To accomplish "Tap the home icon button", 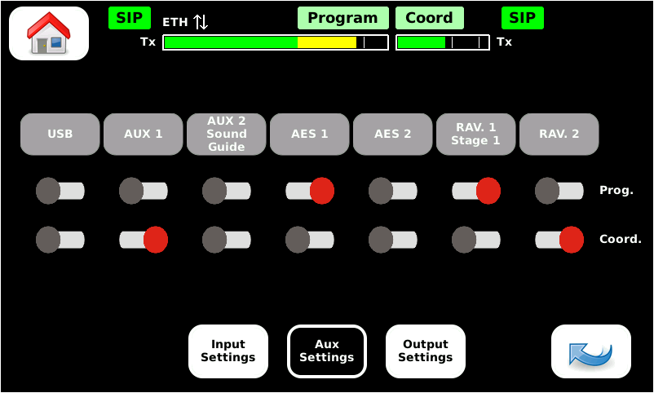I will [49, 33].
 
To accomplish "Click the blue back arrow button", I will [590, 351].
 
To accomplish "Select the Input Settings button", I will [228, 351].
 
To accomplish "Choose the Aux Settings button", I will [326, 351].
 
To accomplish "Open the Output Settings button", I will [425, 351].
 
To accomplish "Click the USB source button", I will [60, 134].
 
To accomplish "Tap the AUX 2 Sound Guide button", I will [226, 134].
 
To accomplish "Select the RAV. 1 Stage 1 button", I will [475, 134].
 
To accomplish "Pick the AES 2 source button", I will [392, 134].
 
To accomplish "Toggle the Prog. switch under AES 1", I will [309, 191].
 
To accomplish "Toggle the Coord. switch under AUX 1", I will [143, 240].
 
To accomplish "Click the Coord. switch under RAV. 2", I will [559, 240].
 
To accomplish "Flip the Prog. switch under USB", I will [60, 191].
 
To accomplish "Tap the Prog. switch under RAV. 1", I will [475, 191].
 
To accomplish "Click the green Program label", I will [342, 18].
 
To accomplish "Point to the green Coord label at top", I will [429, 18].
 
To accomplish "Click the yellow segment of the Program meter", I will [326, 42].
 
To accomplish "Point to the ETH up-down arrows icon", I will [201, 22].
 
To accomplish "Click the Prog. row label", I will [616, 191].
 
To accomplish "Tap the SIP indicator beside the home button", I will [129, 18].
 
